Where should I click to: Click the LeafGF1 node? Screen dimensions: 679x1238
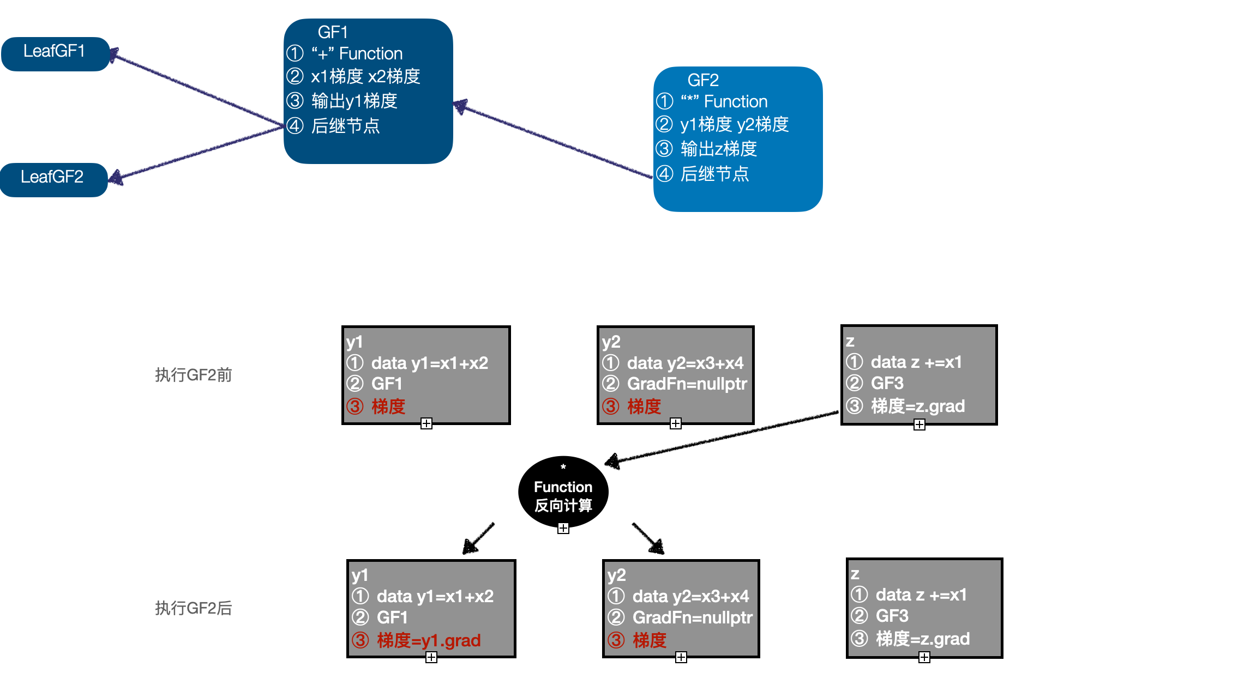pos(55,53)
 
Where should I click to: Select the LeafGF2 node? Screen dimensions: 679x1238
pos(53,179)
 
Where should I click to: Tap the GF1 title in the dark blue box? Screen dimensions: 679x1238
pos(333,33)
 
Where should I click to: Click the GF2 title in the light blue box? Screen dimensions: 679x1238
pos(703,81)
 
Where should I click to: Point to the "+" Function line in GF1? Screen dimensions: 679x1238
pos(357,54)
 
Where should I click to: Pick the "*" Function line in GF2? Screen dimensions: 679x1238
pos(724,102)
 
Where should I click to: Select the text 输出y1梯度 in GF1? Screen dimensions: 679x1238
pos(354,101)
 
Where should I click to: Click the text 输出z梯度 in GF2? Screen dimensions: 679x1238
pos(719,149)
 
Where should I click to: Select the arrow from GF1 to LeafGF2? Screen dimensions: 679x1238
pos(196,153)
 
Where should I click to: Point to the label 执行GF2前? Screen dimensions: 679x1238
pos(194,375)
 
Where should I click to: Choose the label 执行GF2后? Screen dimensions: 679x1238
pos(194,608)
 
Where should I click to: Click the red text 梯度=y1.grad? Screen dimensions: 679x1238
pos(429,640)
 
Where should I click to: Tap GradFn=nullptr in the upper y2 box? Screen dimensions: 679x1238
pos(687,384)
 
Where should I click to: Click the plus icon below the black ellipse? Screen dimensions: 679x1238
pos(563,528)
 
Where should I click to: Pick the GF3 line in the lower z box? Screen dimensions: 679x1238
pos(892,616)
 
